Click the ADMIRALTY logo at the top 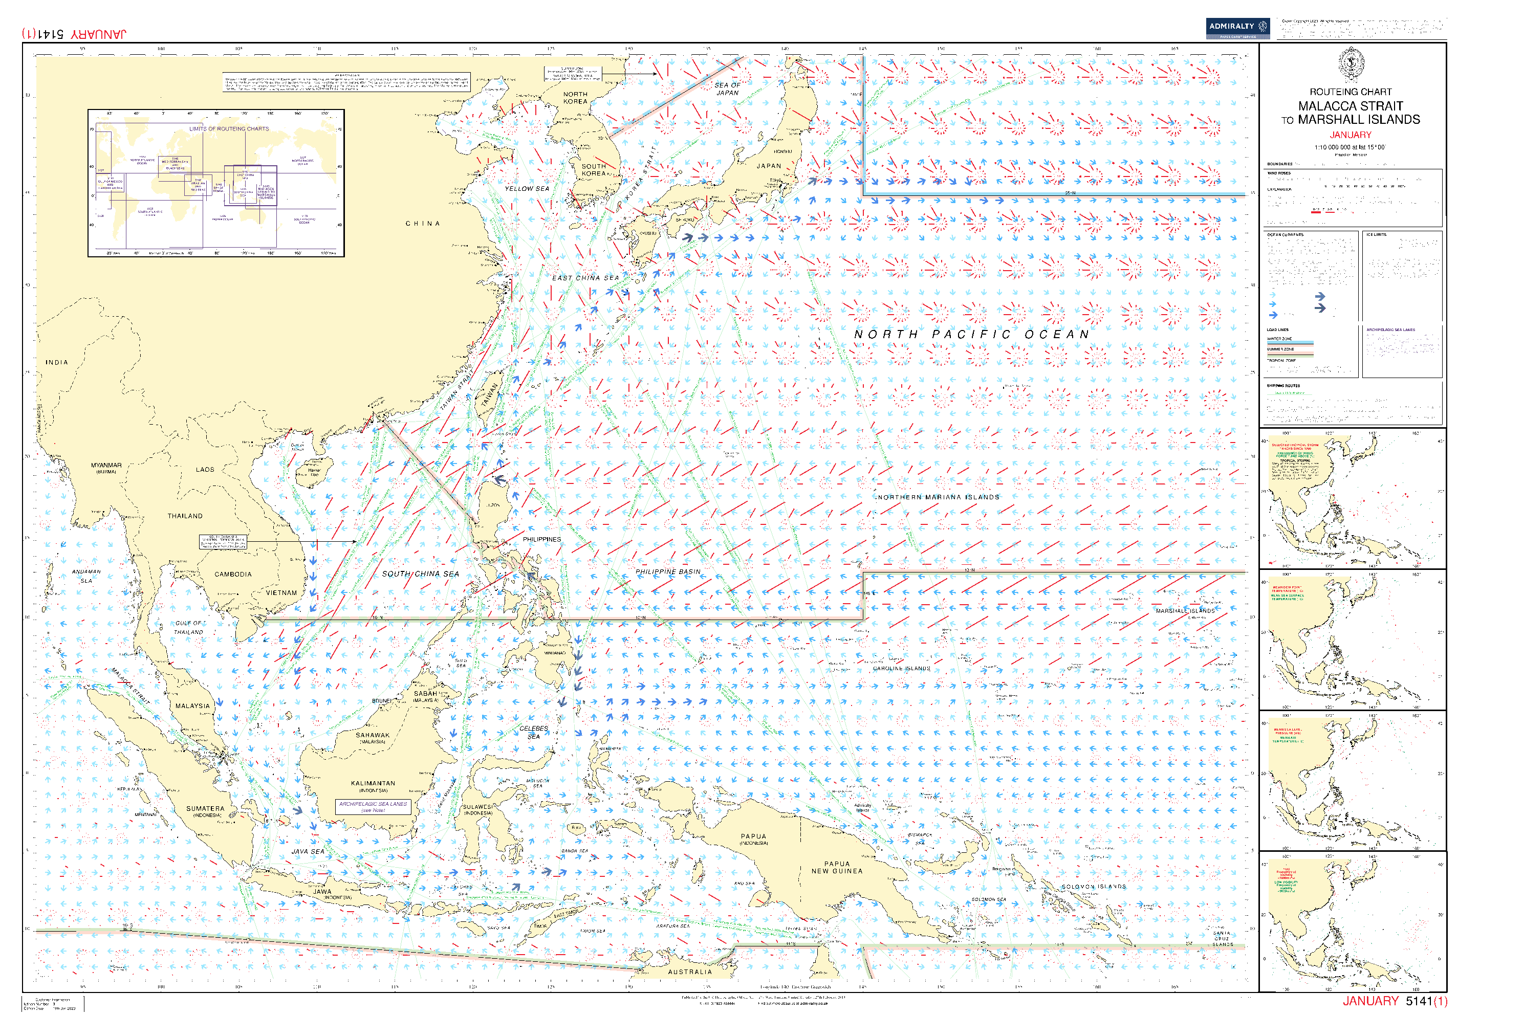(1237, 27)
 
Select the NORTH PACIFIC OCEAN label (971, 335)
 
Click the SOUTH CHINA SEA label (420, 574)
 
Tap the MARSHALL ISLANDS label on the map (1185, 611)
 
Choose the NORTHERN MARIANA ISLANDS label (938, 498)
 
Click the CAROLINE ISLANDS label (901, 669)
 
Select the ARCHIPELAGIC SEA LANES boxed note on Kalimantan (373, 807)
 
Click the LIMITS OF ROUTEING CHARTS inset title (229, 129)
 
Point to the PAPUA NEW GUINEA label (837, 868)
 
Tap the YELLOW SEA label (527, 189)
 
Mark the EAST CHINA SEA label (585, 278)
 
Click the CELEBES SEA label (534, 732)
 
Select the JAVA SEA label (308, 852)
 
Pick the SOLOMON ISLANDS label (1094, 887)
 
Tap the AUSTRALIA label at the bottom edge (690, 972)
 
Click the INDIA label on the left (57, 363)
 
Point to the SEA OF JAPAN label (727, 89)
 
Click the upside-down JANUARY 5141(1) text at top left (75, 34)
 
